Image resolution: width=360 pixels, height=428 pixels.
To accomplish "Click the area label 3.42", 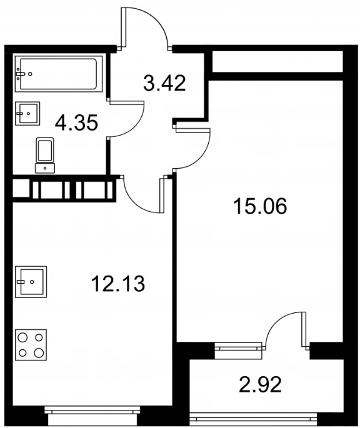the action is [x=164, y=83].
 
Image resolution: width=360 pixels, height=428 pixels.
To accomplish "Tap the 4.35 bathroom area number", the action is [x=76, y=123].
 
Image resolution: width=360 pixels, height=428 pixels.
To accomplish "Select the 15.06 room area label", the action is [x=260, y=206].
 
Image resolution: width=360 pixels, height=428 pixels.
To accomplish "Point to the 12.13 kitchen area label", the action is [x=117, y=284].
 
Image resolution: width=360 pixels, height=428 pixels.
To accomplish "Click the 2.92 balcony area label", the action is [x=260, y=384].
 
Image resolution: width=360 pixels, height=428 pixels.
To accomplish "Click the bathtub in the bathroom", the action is [x=59, y=74].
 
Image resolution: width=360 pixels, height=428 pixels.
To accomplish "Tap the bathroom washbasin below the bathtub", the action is [x=27, y=114].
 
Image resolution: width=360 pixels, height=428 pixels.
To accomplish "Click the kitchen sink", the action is [x=31, y=282].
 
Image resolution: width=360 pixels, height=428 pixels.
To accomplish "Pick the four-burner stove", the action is [x=31, y=345].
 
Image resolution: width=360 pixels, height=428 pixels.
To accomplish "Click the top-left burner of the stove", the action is [x=22, y=337].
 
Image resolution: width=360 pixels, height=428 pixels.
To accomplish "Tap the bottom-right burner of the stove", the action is [x=39, y=352].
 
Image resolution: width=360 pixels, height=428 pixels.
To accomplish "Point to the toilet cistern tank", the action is [x=45, y=168].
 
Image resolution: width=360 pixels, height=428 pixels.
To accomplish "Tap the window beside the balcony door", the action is [x=237, y=347].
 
